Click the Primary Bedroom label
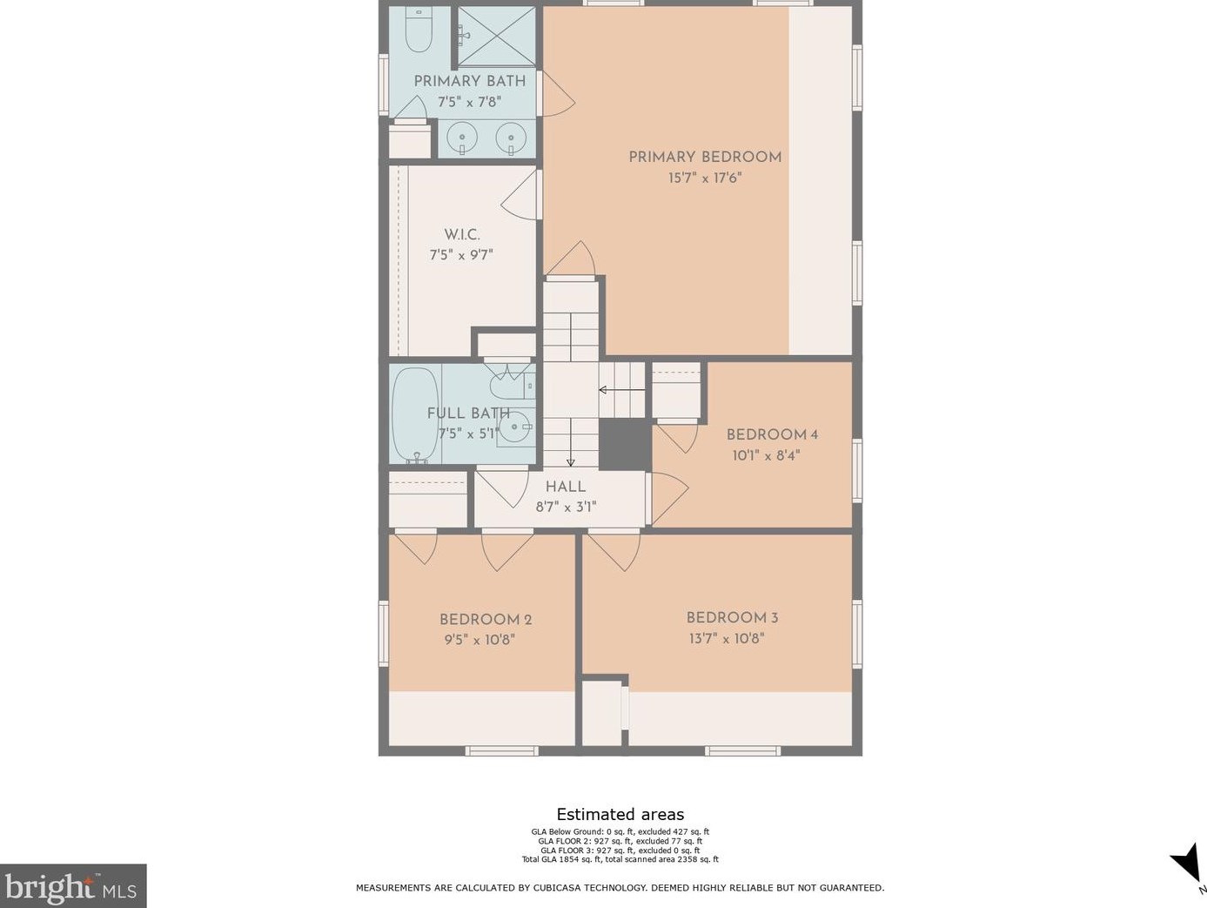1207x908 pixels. pyautogui.click(x=705, y=158)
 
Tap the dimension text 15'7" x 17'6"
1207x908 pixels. pyautogui.click(x=705, y=178)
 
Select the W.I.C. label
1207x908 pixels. pyautogui.click(x=462, y=235)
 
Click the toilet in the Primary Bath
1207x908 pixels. pyautogui.click(x=419, y=30)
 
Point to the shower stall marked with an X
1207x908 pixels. pyautogui.click(x=497, y=37)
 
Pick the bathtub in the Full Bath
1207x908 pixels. pyautogui.click(x=416, y=415)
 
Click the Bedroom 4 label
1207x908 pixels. pyautogui.click(x=772, y=435)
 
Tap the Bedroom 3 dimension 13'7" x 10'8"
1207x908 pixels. pyautogui.click(x=727, y=638)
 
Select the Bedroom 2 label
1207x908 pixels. pyautogui.click(x=486, y=620)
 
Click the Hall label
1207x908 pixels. pyautogui.click(x=566, y=487)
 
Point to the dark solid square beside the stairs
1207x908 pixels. pyautogui.click(x=625, y=444)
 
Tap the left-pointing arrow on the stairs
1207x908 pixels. pyautogui.click(x=622, y=390)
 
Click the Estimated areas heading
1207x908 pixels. pyautogui.click(x=620, y=814)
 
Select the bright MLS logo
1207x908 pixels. pyautogui.click(x=73, y=885)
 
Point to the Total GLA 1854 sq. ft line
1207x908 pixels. pyautogui.click(x=620, y=859)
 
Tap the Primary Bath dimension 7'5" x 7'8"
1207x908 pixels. pyautogui.click(x=470, y=103)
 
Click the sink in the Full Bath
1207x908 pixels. pyautogui.click(x=516, y=427)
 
